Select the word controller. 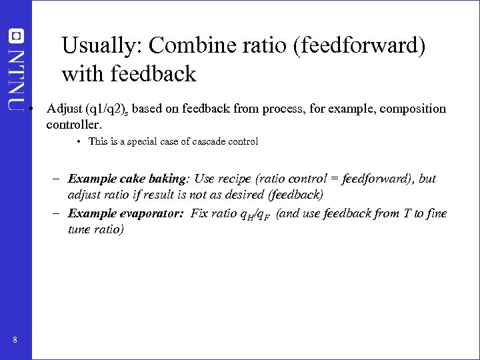pyautogui.click(x=73, y=124)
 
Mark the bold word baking pyautogui.click(x=167, y=179)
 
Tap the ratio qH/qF pyautogui.click(x=255, y=215)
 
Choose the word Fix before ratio pyautogui.click(x=199, y=213)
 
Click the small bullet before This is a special pyautogui.click(x=79, y=141)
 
